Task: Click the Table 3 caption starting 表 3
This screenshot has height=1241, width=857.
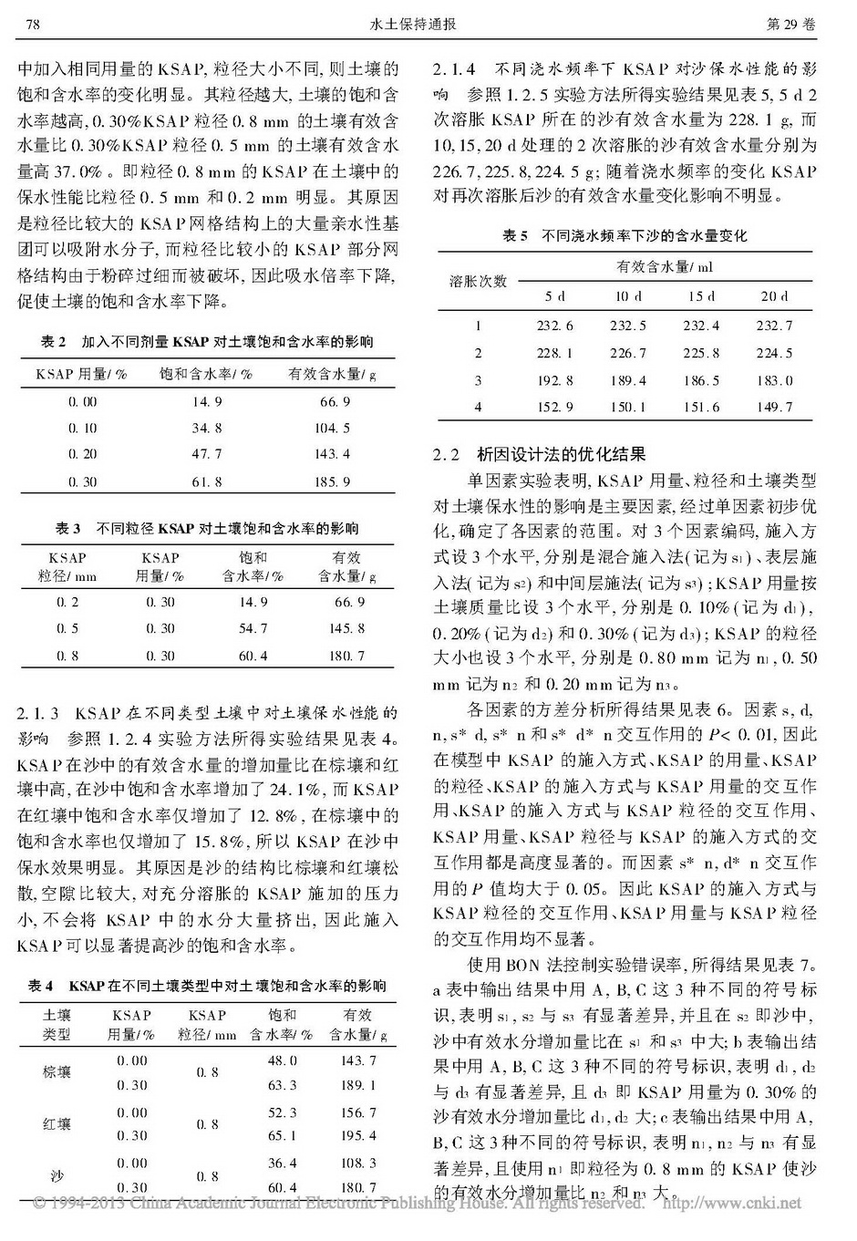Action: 207,528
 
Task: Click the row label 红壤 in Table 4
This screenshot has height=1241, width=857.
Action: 57,1124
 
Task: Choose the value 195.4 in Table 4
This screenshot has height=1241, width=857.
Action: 358,1135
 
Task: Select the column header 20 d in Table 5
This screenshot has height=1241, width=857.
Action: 774,296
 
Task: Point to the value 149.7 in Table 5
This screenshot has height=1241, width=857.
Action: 774,407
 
